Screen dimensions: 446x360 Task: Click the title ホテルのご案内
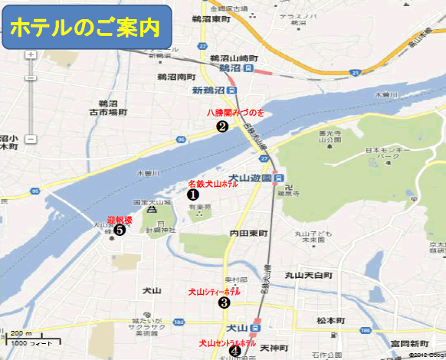click(x=85, y=28)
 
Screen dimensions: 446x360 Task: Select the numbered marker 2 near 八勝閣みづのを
click(x=221, y=126)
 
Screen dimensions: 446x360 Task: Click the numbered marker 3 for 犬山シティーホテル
click(x=224, y=303)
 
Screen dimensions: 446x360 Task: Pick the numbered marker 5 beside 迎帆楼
click(x=120, y=227)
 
